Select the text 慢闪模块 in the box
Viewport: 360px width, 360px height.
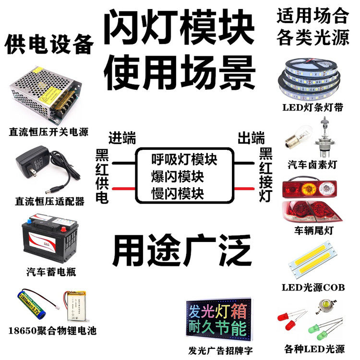(177, 193)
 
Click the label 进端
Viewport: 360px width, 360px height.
(122, 138)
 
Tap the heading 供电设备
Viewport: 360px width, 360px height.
(48, 45)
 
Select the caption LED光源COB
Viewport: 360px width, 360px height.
(313, 288)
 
